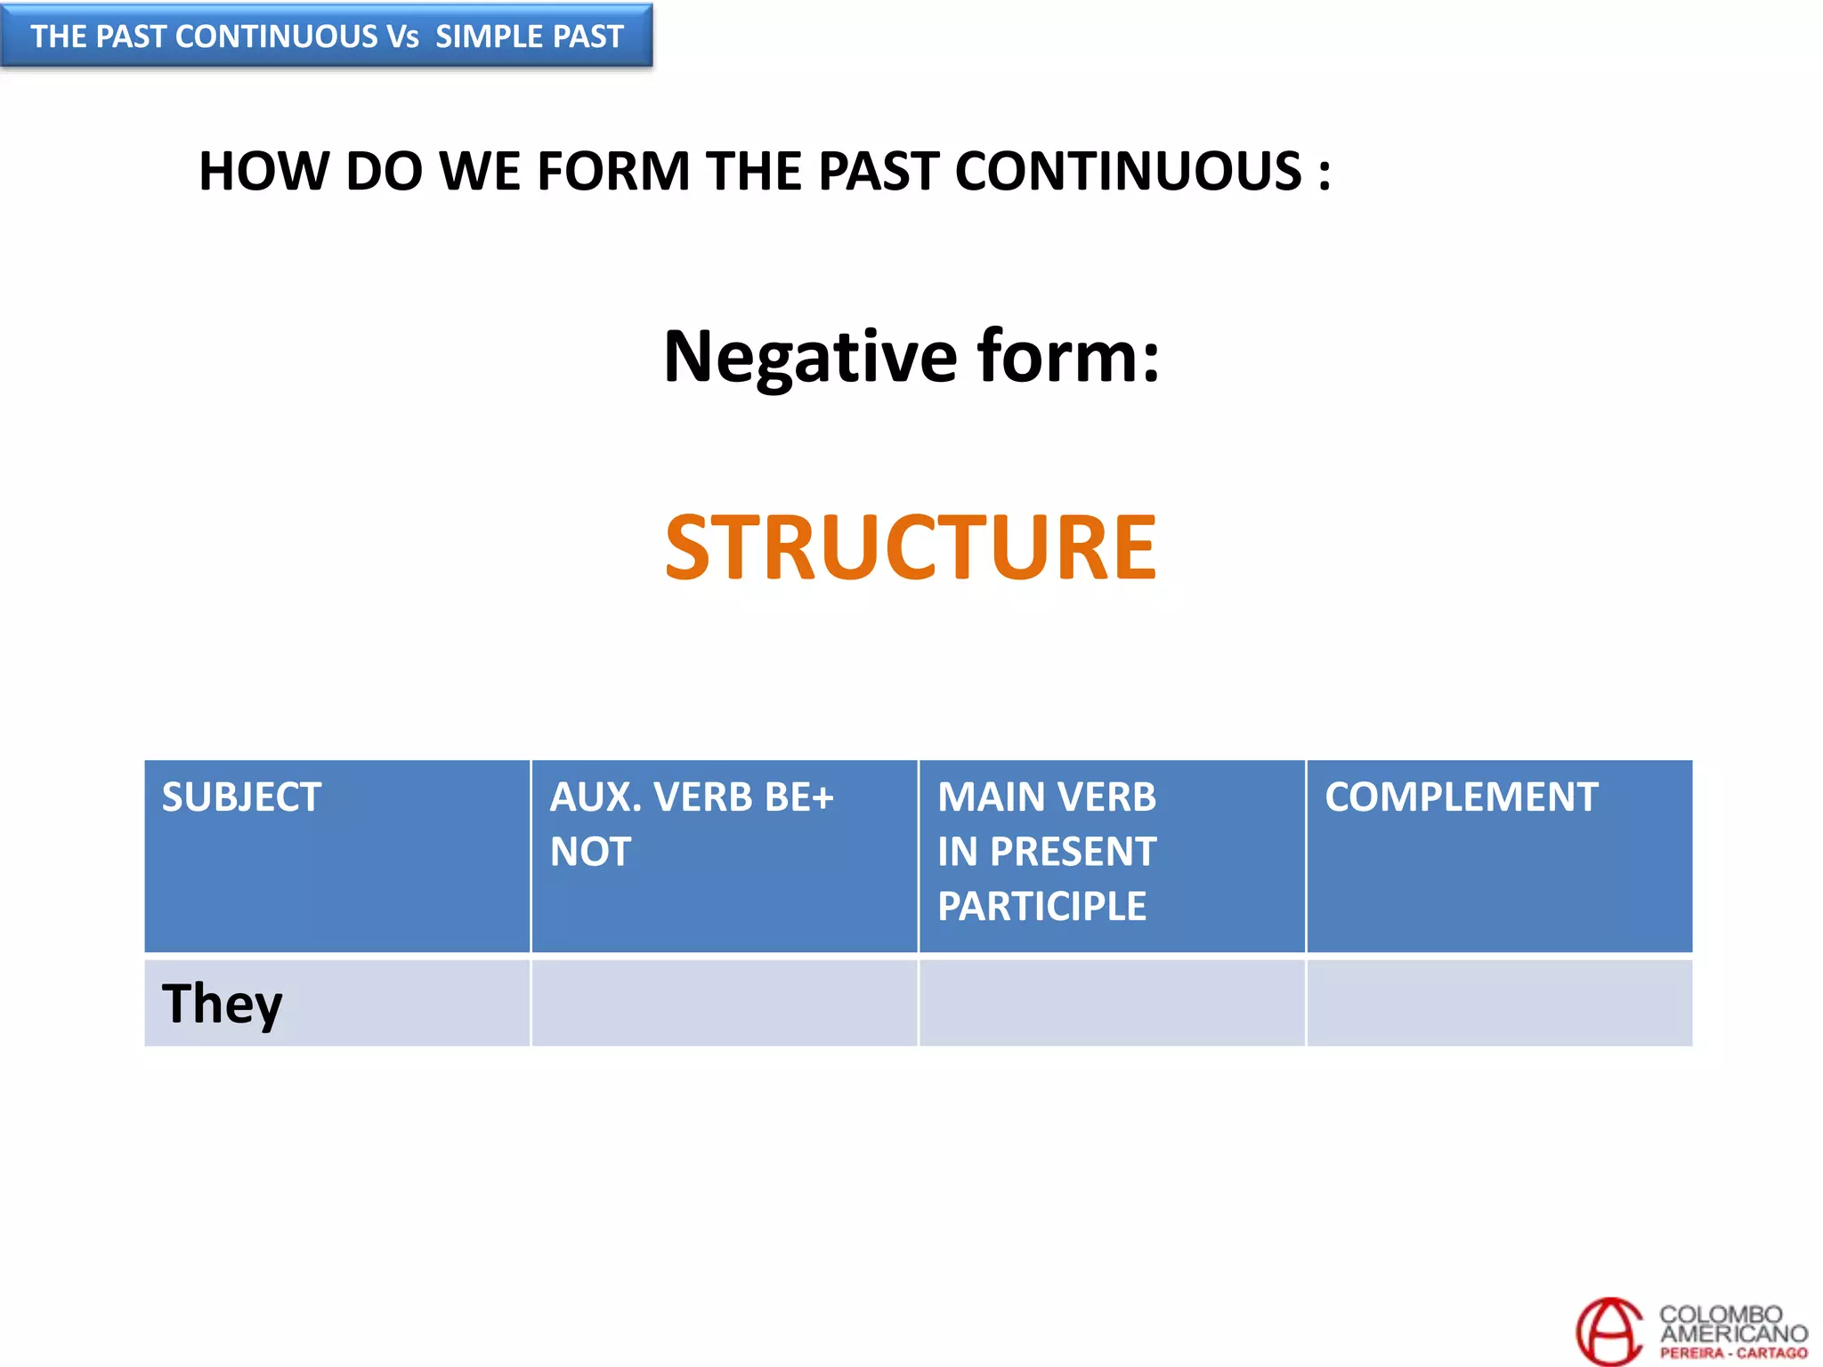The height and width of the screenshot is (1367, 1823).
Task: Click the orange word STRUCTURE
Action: [x=910, y=547]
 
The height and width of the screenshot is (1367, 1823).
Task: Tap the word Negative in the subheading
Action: [x=810, y=356]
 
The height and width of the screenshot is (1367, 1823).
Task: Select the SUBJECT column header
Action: [x=241, y=797]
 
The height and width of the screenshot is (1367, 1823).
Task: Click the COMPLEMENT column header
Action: [x=1461, y=797]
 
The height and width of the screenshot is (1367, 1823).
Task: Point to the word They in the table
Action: [x=222, y=1004]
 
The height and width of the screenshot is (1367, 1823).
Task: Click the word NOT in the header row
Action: [x=590, y=853]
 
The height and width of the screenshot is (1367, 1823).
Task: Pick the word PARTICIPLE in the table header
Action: [x=1041, y=907]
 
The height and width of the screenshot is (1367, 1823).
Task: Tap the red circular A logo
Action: [x=1608, y=1331]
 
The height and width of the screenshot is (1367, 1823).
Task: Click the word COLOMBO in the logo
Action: [x=1720, y=1314]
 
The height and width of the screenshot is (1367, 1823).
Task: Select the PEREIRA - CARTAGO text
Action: [x=1733, y=1354]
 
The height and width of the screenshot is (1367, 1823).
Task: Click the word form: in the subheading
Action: [x=1068, y=356]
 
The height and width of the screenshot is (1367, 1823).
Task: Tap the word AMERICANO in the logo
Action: [x=1733, y=1334]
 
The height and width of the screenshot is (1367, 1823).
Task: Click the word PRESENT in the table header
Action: [x=1073, y=853]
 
